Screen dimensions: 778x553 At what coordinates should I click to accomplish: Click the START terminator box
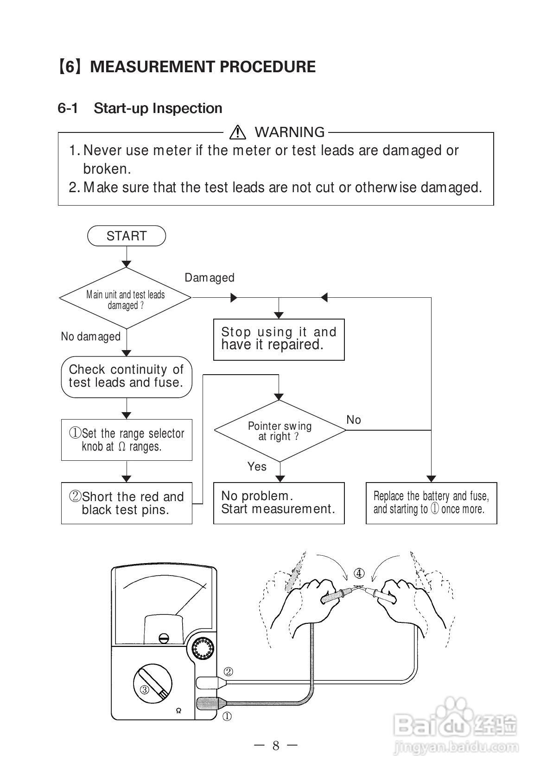[127, 236]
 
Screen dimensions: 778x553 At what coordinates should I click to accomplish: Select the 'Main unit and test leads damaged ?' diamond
[126, 299]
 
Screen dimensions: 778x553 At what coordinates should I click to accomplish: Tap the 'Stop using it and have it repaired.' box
[279, 339]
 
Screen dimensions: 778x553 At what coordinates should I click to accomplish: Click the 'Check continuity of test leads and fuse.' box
[127, 376]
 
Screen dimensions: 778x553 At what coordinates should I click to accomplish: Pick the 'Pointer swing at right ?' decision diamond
[280, 431]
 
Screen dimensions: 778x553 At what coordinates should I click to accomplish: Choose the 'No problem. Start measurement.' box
[279, 503]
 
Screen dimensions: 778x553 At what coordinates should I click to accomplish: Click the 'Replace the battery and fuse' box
[431, 503]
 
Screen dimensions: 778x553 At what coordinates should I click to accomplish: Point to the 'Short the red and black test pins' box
[127, 503]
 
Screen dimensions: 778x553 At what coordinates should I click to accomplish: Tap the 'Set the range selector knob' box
[127, 440]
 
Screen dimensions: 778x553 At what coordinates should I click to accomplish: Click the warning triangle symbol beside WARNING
[237, 132]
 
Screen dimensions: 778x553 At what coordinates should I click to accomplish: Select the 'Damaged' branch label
[210, 277]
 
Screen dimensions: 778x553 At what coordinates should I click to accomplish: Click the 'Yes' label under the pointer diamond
[257, 466]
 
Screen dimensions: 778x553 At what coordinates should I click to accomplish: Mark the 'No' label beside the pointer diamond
[354, 420]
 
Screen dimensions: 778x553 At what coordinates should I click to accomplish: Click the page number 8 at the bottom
[276, 745]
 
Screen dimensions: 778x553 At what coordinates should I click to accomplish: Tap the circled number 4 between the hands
[359, 573]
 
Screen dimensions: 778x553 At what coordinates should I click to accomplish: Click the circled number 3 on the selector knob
[145, 690]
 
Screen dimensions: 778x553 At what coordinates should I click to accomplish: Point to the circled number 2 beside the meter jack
[229, 671]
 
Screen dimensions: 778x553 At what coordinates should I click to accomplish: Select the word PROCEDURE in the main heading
[267, 67]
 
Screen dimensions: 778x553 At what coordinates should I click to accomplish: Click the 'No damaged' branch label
[91, 336]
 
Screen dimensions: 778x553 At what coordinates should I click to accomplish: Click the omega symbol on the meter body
[178, 711]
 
